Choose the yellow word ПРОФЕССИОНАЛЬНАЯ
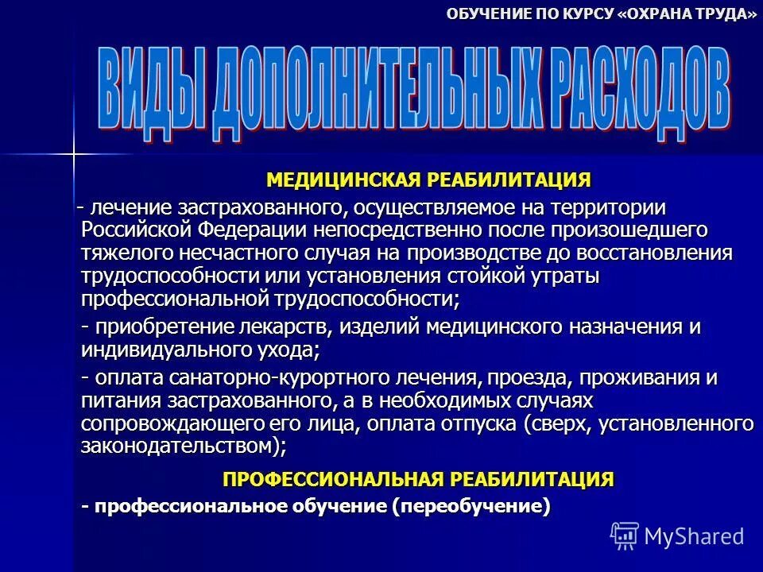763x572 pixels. click(x=333, y=479)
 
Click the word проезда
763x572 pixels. click(x=517, y=377)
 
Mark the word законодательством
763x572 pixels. click(x=176, y=446)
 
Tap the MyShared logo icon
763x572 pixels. click(x=625, y=535)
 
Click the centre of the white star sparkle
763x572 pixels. click(x=72, y=153)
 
